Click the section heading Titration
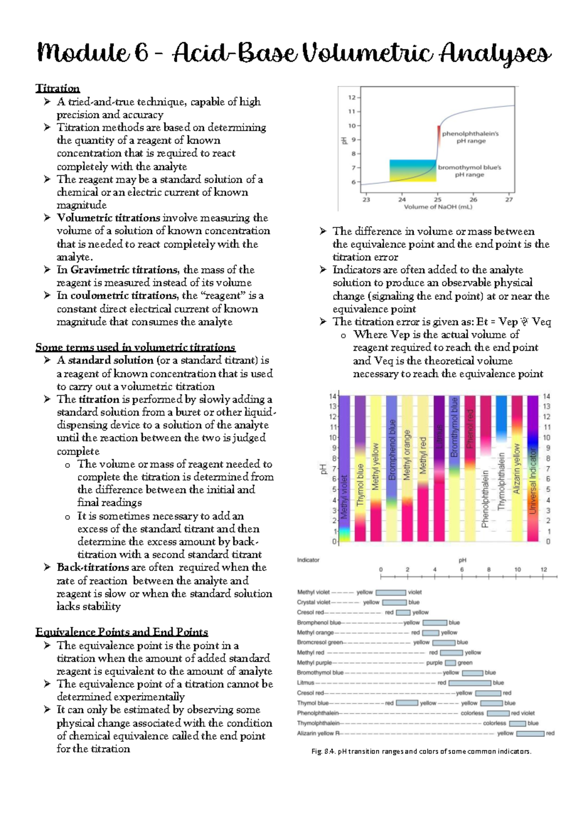coord(57,88)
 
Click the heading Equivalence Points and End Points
coord(122,632)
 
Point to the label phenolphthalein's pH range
coord(470,137)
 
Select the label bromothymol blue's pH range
coord(469,171)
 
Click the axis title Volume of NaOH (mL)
coord(438,207)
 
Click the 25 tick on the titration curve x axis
coord(438,200)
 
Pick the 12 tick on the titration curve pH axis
coord(352,97)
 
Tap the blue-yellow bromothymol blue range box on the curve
coord(413,170)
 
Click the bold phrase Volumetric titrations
coord(108,218)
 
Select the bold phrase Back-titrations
coord(93,568)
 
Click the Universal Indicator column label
coord(533,481)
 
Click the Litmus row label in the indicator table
coord(305,683)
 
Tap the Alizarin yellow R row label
coord(318,733)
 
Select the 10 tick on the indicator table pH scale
coord(517,570)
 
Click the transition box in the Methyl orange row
coord(431,633)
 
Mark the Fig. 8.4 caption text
coord(421,752)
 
